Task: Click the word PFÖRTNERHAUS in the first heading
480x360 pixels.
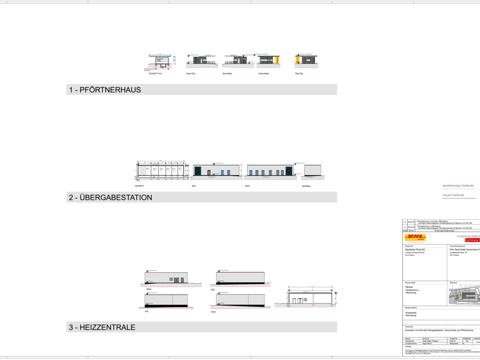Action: coord(110,90)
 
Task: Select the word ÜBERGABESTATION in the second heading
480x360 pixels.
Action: coord(116,198)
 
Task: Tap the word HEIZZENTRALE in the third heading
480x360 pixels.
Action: coord(107,327)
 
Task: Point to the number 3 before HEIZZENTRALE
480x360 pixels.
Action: coord(71,327)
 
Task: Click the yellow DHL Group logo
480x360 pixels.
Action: coord(415,237)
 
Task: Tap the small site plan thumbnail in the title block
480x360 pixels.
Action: coord(464,295)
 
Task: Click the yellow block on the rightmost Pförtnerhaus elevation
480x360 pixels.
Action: coord(298,59)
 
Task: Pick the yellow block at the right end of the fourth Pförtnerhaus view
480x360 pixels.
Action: coord(277,60)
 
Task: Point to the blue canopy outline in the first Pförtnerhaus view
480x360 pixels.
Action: coord(162,58)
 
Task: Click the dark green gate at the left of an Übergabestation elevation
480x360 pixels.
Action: coord(197,171)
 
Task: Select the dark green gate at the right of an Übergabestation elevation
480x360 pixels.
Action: coord(289,171)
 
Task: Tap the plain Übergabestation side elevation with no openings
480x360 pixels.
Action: coord(313,170)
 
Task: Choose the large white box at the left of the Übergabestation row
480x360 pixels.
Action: coord(143,170)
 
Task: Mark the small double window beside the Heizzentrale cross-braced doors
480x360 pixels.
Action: coord(171,279)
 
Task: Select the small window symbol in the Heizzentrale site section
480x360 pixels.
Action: coord(305,300)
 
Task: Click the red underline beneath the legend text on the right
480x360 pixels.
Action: coord(459,189)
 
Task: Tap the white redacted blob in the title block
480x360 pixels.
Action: coord(450,323)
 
